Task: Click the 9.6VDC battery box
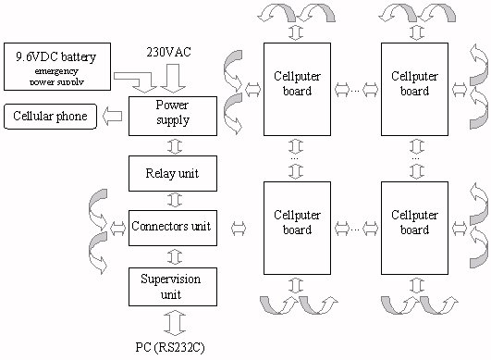(x=58, y=65)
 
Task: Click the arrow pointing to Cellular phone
(x=114, y=117)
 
